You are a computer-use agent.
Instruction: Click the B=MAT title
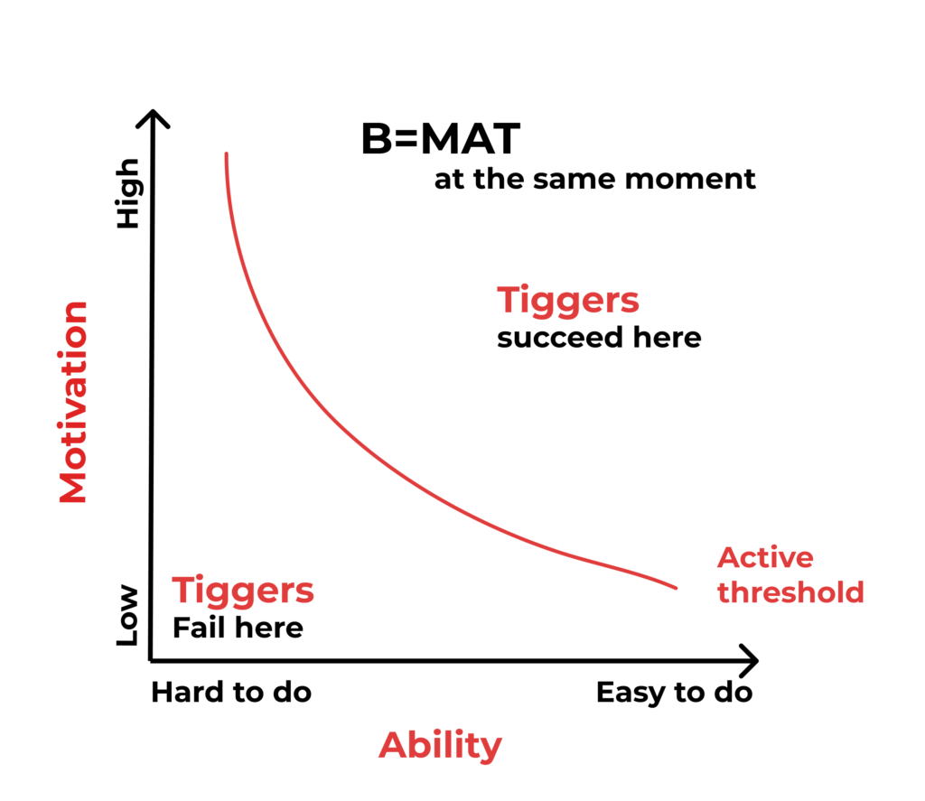440,140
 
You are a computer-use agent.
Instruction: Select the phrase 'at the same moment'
594,179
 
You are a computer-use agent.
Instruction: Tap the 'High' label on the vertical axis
129,193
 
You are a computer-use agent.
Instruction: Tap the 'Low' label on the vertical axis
129,615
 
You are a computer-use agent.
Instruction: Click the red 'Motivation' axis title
73,402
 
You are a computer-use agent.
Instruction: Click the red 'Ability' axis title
440,745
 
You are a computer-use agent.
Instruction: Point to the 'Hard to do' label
231,693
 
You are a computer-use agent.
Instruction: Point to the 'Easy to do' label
674,693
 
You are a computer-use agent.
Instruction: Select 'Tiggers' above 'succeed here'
568,300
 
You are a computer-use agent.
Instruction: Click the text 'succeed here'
599,338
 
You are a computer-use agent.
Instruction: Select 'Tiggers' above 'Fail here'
243,591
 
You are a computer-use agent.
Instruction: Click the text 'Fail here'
238,627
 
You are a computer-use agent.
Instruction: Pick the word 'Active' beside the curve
765,557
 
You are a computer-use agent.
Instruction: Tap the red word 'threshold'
790,592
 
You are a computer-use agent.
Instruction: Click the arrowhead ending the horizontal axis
752,660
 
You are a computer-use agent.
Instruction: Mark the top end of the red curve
226,154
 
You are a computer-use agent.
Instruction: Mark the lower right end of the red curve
676,588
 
